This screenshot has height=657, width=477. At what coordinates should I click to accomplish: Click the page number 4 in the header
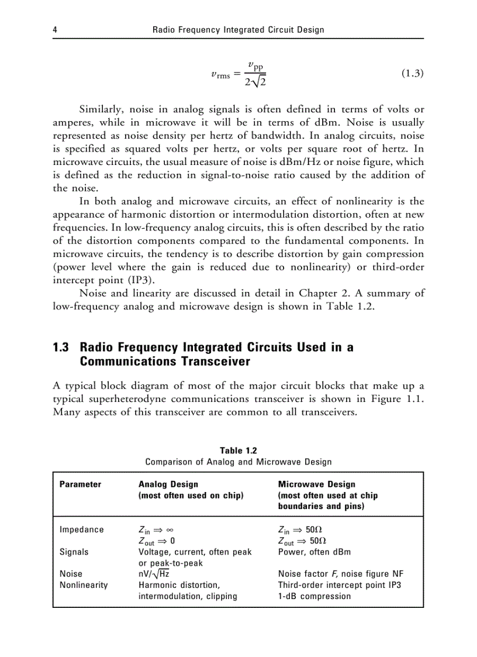click(x=55, y=29)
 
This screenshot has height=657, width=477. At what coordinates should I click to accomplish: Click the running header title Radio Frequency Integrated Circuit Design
click(x=238, y=29)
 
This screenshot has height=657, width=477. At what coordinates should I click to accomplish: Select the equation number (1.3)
click(x=412, y=73)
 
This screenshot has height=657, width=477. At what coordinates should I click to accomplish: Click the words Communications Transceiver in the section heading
click(x=165, y=362)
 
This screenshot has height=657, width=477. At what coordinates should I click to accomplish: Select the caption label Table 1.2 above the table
click(x=238, y=450)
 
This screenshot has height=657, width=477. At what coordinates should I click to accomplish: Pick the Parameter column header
click(x=80, y=484)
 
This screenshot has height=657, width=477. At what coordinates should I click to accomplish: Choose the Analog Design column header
click(x=168, y=484)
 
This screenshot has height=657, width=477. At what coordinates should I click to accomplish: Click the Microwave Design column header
click(x=316, y=484)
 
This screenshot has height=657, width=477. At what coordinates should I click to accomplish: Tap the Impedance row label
click(x=82, y=529)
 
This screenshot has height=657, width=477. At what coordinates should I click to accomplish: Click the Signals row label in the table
click(x=74, y=552)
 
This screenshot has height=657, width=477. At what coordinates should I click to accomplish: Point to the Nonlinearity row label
click(x=84, y=585)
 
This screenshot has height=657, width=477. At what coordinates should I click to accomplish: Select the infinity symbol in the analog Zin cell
click(x=170, y=530)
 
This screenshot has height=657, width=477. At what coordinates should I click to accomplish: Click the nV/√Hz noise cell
click(x=154, y=574)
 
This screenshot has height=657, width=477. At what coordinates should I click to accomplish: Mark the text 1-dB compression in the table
click(x=314, y=596)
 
